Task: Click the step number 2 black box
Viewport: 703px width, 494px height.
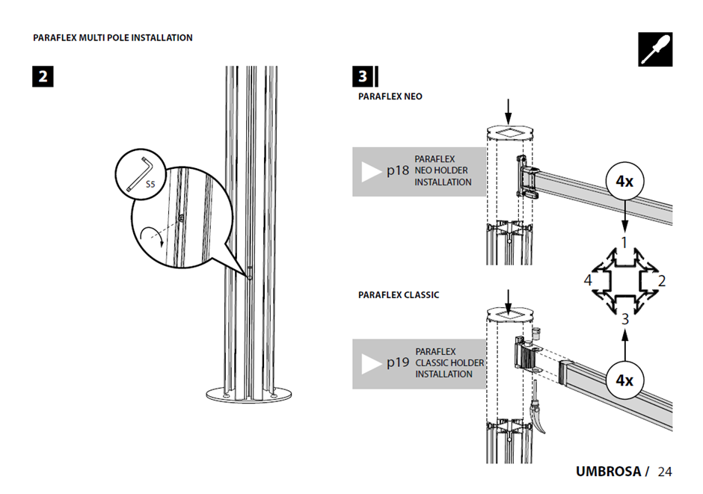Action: pyautogui.click(x=43, y=76)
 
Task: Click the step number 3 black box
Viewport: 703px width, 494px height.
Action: pyautogui.click(x=363, y=76)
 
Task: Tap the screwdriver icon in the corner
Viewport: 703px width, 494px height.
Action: pyautogui.click(x=655, y=49)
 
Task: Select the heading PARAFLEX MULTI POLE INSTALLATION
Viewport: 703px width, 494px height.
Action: pyautogui.click(x=113, y=37)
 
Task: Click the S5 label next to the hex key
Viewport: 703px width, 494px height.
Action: pyautogui.click(x=150, y=184)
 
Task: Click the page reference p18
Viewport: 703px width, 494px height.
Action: pyautogui.click(x=398, y=171)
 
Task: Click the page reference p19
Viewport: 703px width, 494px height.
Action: pyautogui.click(x=398, y=362)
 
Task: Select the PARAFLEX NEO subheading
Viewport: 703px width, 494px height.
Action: pyautogui.click(x=390, y=96)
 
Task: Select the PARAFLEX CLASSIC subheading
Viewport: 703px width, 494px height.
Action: pyautogui.click(x=399, y=295)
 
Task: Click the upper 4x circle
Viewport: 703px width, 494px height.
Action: pyautogui.click(x=624, y=182)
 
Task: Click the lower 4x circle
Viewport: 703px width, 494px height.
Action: pyautogui.click(x=624, y=380)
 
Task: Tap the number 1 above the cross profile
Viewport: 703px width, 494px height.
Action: pyautogui.click(x=624, y=242)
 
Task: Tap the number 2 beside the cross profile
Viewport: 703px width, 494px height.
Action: pyautogui.click(x=661, y=281)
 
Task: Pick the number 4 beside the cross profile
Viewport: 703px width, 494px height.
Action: pyautogui.click(x=588, y=281)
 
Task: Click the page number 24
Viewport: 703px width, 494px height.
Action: pyautogui.click(x=665, y=472)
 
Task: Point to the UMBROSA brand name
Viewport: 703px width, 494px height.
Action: pyautogui.click(x=608, y=472)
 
